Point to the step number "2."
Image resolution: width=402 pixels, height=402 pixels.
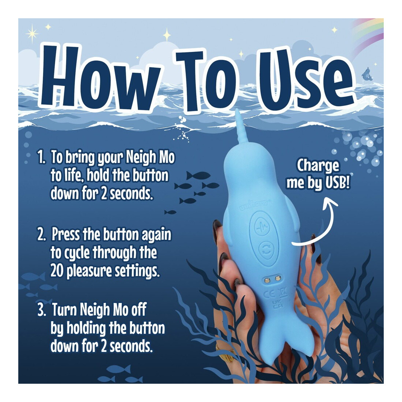point(42,235)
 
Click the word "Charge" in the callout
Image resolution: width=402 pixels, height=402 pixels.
point(318,166)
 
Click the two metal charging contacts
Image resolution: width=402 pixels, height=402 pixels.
point(273,279)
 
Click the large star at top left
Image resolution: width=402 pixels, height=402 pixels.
point(32,34)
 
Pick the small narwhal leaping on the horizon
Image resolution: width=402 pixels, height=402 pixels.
point(367,74)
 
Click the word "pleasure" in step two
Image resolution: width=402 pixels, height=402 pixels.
point(89,271)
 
